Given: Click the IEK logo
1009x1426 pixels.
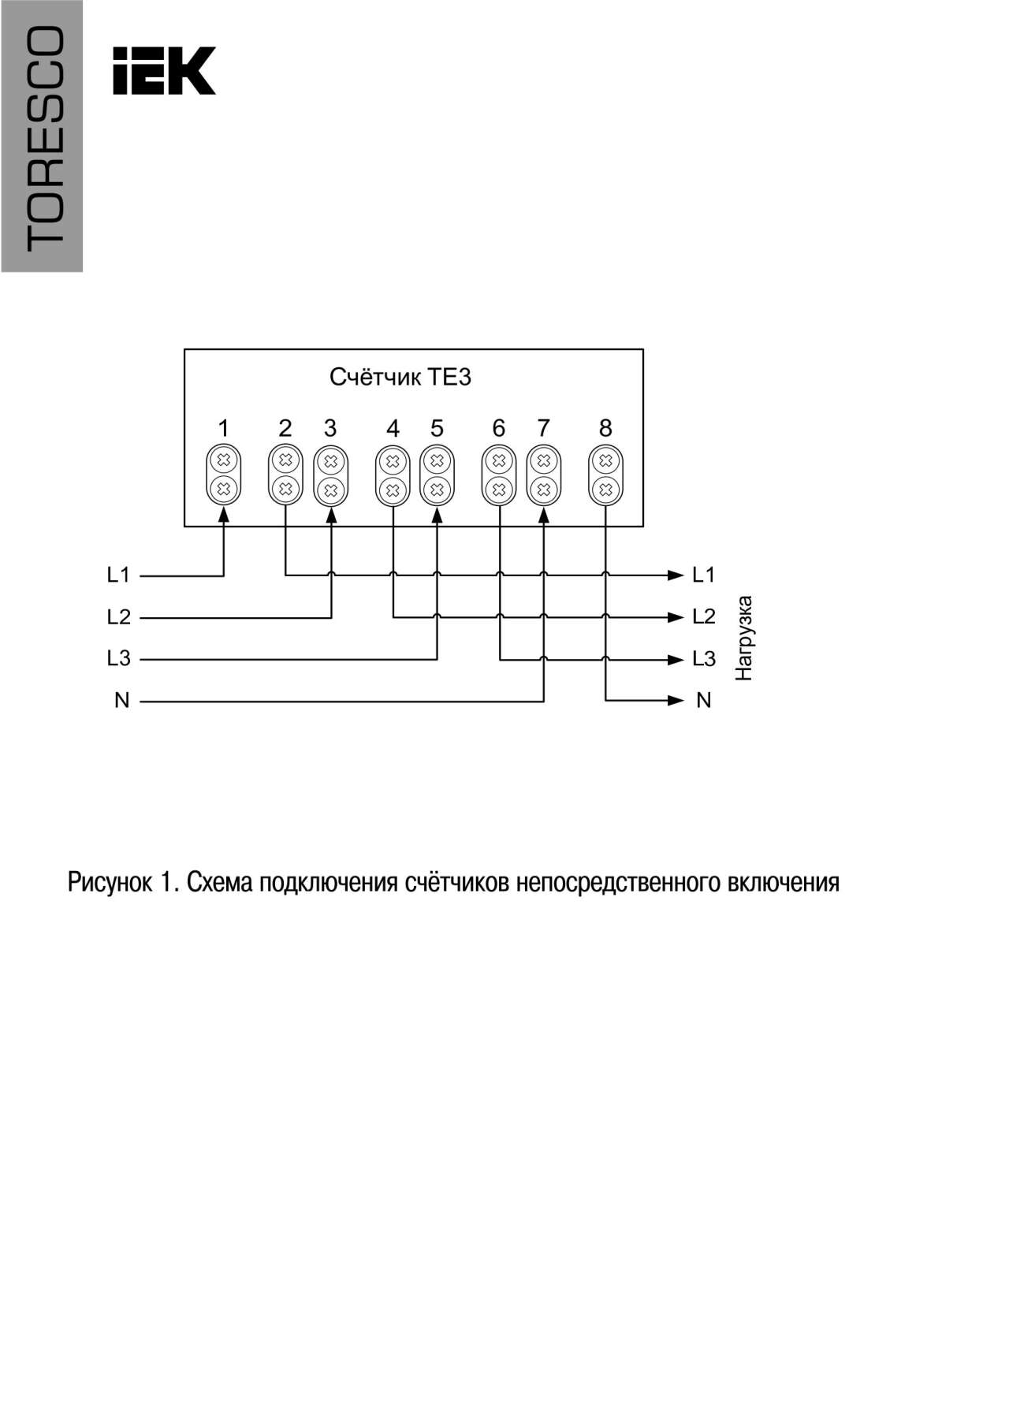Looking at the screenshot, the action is tap(164, 71).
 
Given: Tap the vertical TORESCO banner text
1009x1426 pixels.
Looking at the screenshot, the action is tap(43, 137).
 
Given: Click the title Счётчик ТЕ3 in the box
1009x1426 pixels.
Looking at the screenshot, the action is tap(400, 377).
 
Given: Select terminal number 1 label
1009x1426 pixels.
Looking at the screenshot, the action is tap(224, 428).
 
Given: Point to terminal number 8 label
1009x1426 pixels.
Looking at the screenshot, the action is tap(605, 428).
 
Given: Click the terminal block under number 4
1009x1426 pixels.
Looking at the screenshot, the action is tap(393, 475).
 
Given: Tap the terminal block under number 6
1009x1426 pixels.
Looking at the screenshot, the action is tap(498, 475).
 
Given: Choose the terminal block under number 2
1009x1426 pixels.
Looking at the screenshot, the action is tap(285, 475).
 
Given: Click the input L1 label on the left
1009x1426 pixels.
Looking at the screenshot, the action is tap(118, 575).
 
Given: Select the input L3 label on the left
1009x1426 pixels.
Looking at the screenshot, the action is tap(118, 658).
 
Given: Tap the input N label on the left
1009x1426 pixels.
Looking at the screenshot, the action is tap(121, 700).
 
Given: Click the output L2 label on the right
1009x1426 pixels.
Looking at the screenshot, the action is tap(704, 616).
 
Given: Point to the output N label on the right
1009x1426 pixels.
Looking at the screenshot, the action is tap(704, 700).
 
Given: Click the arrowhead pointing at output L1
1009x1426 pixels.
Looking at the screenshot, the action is tap(676, 575).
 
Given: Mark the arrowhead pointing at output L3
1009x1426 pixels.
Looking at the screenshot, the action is tap(676, 658).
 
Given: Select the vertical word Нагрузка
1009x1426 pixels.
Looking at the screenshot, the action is tap(744, 638).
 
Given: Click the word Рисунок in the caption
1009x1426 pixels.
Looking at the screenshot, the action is tap(110, 882).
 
